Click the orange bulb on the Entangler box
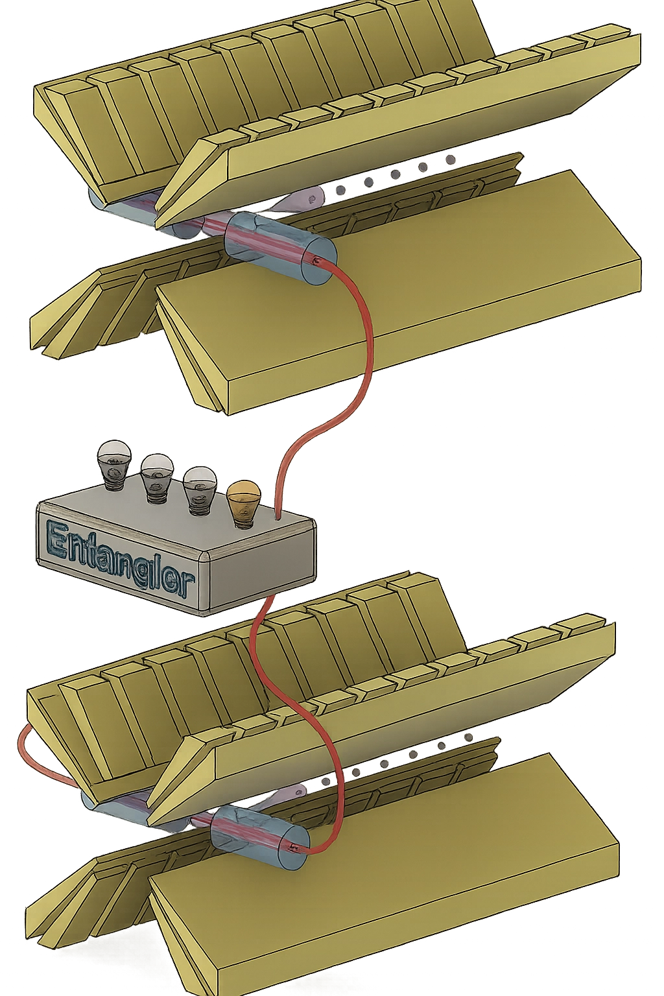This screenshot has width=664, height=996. click(243, 499)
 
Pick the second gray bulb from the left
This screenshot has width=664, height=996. click(156, 474)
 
